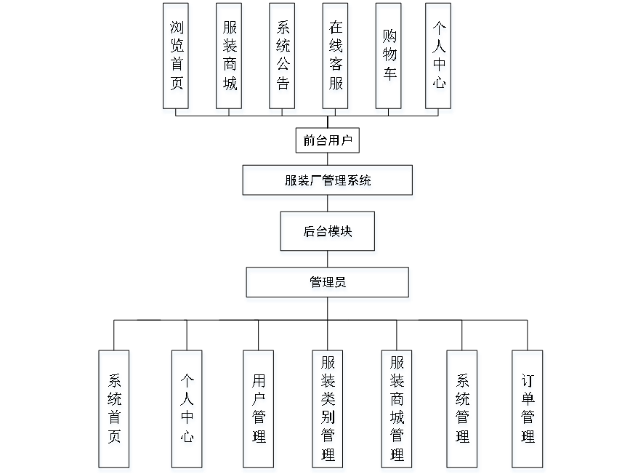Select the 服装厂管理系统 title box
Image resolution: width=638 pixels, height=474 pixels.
(x=328, y=182)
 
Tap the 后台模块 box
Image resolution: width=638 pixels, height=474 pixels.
(x=328, y=233)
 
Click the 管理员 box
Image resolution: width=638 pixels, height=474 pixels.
(x=328, y=285)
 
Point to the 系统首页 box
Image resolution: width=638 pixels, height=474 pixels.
(x=115, y=411)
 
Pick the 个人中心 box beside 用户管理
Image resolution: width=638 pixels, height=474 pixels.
(x=188, y=411)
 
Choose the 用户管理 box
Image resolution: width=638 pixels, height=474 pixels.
(x=259, y=411)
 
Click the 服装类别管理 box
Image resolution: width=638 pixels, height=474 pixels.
(x=328, y=411)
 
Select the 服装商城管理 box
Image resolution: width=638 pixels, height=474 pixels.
(x=397, y=411)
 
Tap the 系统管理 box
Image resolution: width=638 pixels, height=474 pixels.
(x=463, y=411)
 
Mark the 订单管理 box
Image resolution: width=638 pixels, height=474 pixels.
(x=528, y=411)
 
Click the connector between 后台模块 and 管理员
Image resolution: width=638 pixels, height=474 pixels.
(x=328, y=262)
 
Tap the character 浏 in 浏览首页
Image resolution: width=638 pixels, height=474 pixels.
(x=177, y=30)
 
